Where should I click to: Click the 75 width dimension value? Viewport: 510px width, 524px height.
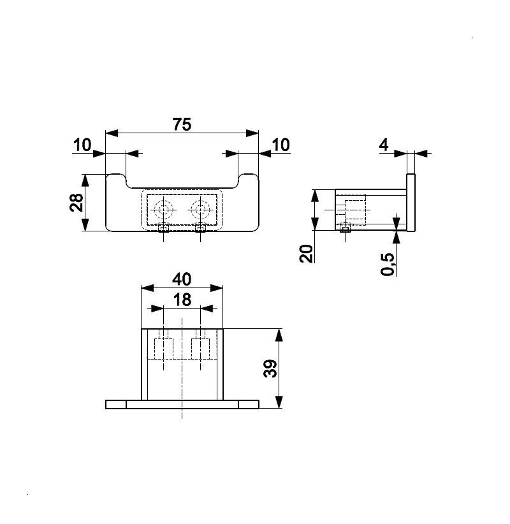(x=182, y=124)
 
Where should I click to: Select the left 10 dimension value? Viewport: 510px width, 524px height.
(x=82, y=145)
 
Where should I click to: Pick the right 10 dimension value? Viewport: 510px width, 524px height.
(x=280, y=145)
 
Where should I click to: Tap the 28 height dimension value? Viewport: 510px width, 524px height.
(x=76, y=202)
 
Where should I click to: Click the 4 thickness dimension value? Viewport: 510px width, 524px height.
(x=384, y=145)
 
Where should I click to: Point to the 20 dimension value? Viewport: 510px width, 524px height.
(x=307, y=254)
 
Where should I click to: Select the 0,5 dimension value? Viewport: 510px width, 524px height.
(x=388, y=264)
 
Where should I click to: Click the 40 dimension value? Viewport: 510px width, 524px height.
(x=182, y=279)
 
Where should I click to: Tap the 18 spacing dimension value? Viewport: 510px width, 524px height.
(x=182, y=300)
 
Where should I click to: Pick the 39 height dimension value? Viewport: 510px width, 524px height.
(x=270, y=368)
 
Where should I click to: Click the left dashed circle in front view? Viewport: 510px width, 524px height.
(x=163, y=210)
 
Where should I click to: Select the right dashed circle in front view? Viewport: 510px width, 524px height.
(x=200, y=210)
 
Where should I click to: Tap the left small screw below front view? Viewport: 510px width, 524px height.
(x=163, y=229)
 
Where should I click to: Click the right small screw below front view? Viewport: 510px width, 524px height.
(x=200, y=229)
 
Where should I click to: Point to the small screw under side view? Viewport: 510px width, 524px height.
(x=346, y=229)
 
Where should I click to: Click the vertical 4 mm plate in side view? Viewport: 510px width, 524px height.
(x=411, y=202)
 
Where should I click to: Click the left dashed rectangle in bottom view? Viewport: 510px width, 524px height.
(x=163, y=348)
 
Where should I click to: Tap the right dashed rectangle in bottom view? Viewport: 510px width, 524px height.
(x=200, y=348)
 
